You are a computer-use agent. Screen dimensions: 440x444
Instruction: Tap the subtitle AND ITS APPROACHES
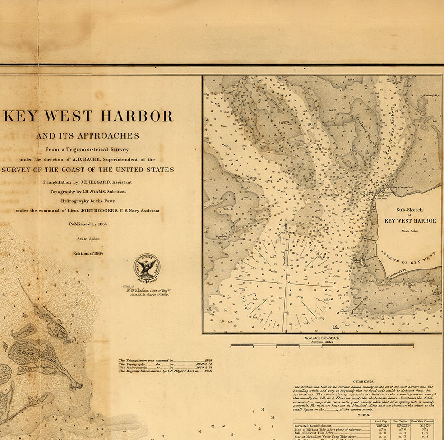tap(88, 136)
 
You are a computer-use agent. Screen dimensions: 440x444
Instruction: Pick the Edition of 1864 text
tap(88, 253)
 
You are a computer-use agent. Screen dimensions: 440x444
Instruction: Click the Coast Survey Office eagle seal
tap(147, 266)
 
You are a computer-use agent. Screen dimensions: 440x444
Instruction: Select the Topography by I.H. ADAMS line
tap(88, 192)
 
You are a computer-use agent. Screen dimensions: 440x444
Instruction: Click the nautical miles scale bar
tap(322, 345)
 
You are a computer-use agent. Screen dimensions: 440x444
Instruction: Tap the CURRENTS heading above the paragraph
tap(363, 381)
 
